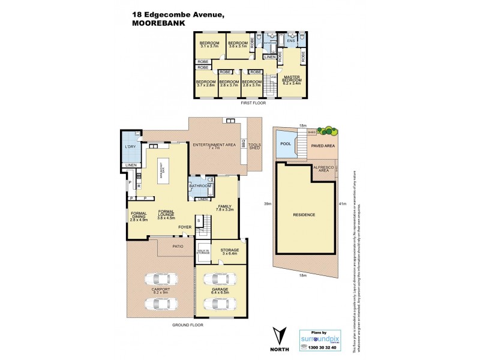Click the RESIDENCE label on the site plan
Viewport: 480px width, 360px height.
(304, 214)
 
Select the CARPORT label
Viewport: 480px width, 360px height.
(161, 291)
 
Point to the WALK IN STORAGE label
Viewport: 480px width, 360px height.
(203, 253)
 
